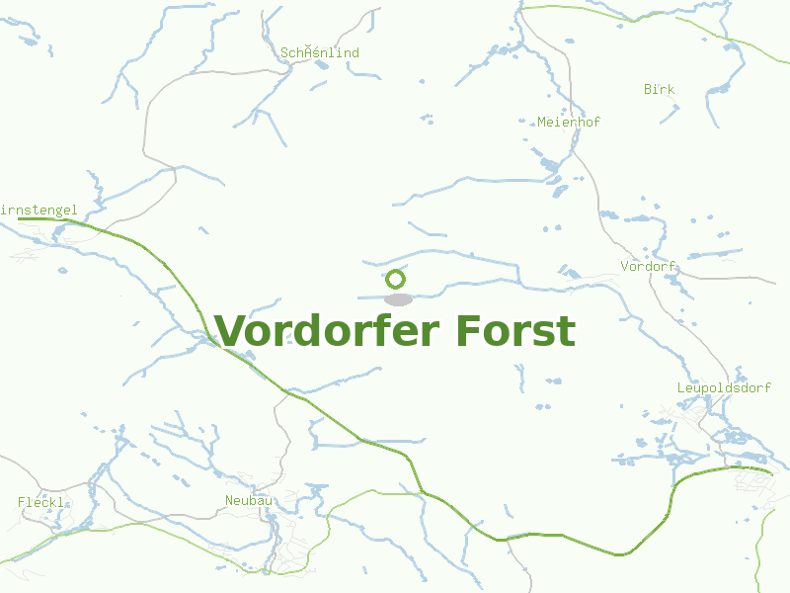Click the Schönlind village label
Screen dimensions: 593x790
coord(320,52)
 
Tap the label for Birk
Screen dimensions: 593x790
coord(660,89)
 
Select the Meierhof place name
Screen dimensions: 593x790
coord(569,122)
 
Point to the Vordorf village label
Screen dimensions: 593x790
coord(648,266)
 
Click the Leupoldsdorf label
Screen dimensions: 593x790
coord(724,387)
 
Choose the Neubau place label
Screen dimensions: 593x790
coord(249,501)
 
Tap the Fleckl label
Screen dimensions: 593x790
coord(40,502)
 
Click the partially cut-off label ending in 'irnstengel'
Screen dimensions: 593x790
coord(39,210)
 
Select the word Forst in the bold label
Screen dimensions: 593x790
coord(515,331)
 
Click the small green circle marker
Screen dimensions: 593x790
coord(395,279)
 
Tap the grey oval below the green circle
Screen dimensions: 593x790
coord(397,299)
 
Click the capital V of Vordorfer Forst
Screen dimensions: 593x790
coord(230,331)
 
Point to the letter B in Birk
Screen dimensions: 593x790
coord(648,89)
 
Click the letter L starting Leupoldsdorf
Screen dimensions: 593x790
coord(680,387)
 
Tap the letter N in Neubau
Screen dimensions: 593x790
coord(229,501)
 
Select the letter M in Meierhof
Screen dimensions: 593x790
coord(541,122)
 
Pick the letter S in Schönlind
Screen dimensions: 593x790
coord(284,52)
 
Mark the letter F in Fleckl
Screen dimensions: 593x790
coord(22,502)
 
